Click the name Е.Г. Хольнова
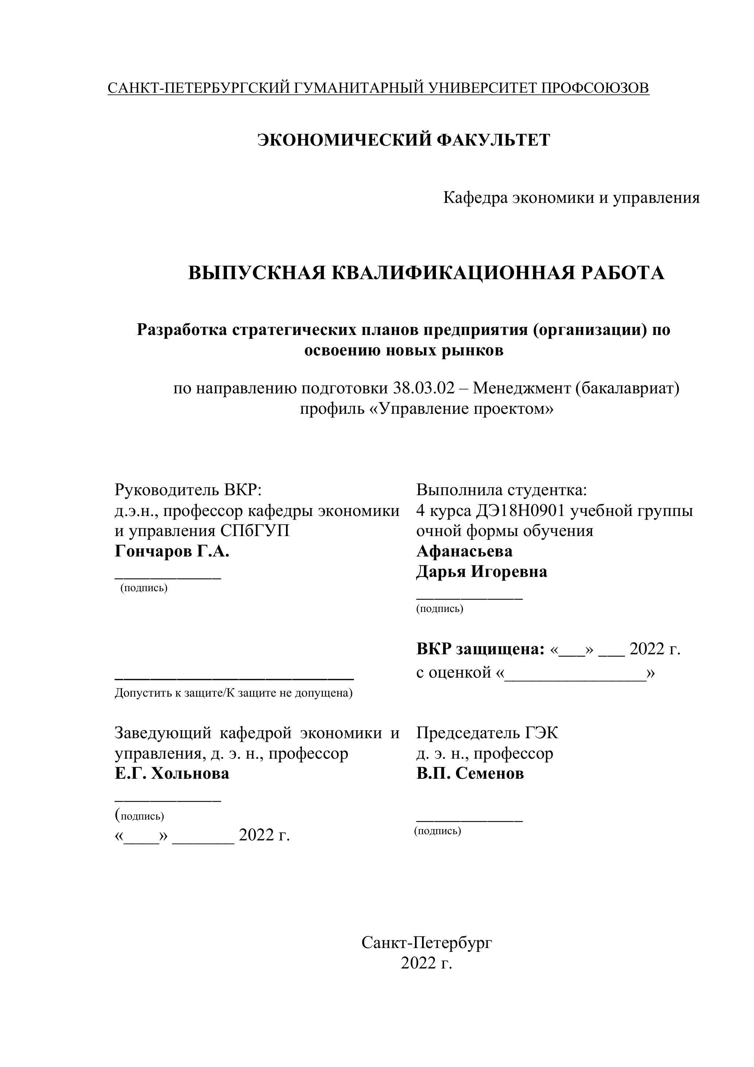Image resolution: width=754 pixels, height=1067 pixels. pos(172,773)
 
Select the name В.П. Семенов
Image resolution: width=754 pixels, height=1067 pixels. pos(470,773)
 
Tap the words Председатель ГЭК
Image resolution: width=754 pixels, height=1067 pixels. pos(487,733)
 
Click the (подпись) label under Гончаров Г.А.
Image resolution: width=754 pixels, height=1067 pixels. pos(144,588)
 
